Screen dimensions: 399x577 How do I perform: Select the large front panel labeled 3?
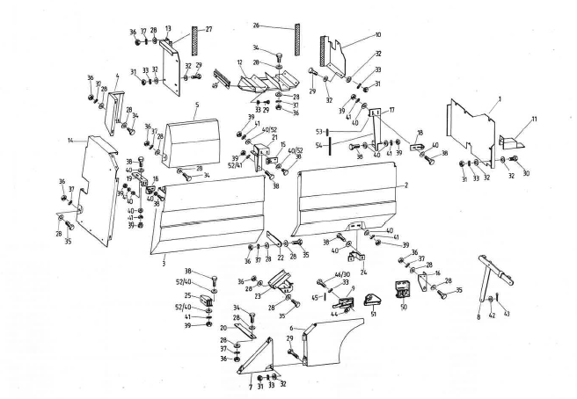click(x=211, y=211)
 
